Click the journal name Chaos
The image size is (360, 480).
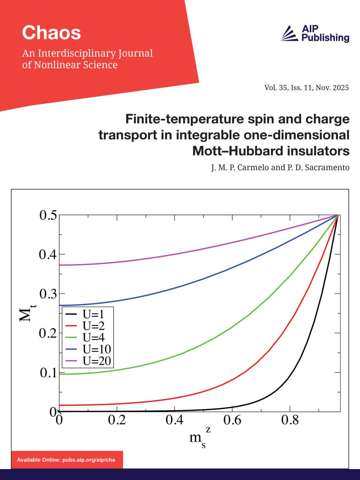51,33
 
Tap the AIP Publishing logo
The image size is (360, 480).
315,33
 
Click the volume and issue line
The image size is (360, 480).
306,88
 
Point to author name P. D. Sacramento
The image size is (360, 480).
318,167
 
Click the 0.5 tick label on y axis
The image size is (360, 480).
48,215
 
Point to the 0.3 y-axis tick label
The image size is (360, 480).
48,294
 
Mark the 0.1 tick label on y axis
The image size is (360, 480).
48,372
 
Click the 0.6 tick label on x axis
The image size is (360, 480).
232,420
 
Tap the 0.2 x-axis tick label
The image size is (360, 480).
117,420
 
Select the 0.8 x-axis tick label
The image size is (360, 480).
290,420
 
